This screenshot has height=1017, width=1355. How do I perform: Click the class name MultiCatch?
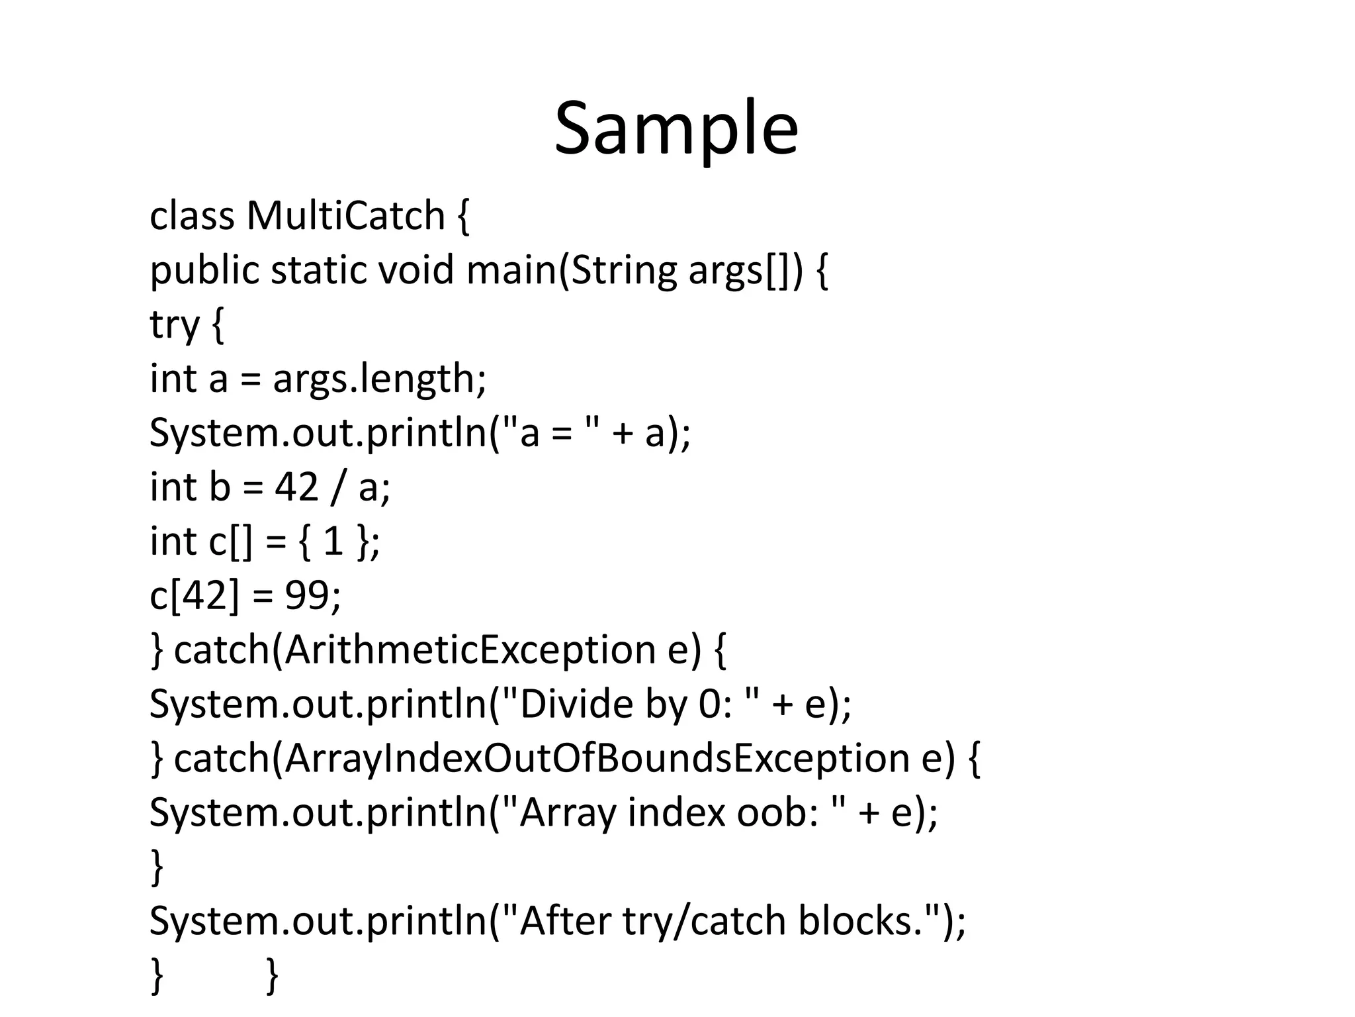click(x=345, y=216)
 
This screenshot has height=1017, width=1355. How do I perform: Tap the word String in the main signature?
click(x=623, y=270)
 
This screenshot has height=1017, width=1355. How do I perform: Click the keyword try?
click(x=175, y=324)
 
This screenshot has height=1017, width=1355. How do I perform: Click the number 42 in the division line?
click(x=296, y=487)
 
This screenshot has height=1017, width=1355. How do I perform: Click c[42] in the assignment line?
click(x=193, y=595)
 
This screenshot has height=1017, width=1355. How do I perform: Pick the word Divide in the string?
click(x=570, y=704)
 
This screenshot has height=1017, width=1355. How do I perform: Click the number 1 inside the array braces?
click(x=333, y=542)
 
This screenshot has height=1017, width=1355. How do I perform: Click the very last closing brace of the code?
click(x=272, y=975)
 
